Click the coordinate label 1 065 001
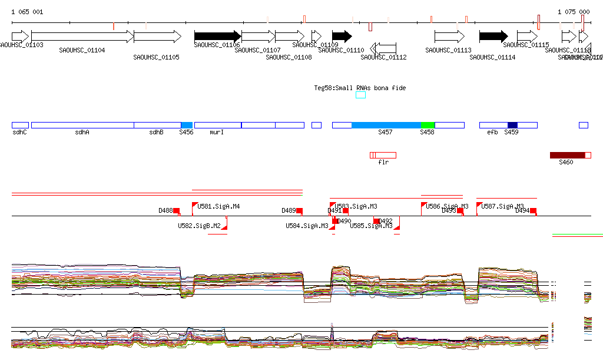[27, 12]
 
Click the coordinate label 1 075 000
[573, 12]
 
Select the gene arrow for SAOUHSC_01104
[82, 37]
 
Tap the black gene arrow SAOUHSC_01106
[217, 37]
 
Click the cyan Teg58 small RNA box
[360, 95]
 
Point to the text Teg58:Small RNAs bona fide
[360, 88]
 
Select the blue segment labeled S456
[187, 125]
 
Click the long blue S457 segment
[386, 125]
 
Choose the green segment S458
[428, 125]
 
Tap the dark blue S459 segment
[512, 125]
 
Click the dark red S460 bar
[568, 155]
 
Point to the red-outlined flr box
[383, 155]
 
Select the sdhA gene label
[82, 133]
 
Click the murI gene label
[217, 133]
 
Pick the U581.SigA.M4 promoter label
[218, 206]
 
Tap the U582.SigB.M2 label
[199, 226]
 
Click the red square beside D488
[176, 211]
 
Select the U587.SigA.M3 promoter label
[502, 206]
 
